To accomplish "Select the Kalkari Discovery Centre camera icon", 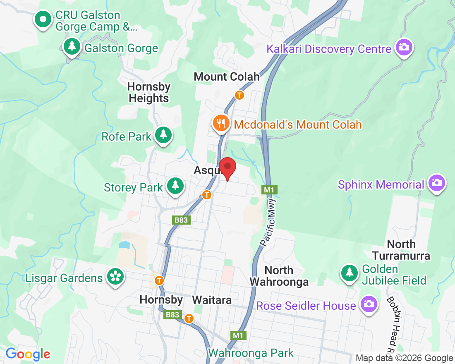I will (x=403, y=48).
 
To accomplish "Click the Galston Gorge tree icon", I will (x=72, y=46).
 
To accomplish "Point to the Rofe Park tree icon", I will (x=164, y=135).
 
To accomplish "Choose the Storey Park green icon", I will (x=175, y=186).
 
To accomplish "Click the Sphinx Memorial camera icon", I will (x=436, y=183).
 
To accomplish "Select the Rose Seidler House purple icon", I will (x=368, y=304).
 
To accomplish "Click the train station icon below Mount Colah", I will (x=239, y=95).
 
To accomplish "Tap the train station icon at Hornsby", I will (x=159, y=280).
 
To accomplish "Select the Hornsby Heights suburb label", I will (x=148, y=93).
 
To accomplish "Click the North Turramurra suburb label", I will (x=401, y=250).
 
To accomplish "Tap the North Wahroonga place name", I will (x=279, y=276).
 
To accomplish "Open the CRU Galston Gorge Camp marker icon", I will (x=43, y=19).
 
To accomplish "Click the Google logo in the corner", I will (x=28, y=354).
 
